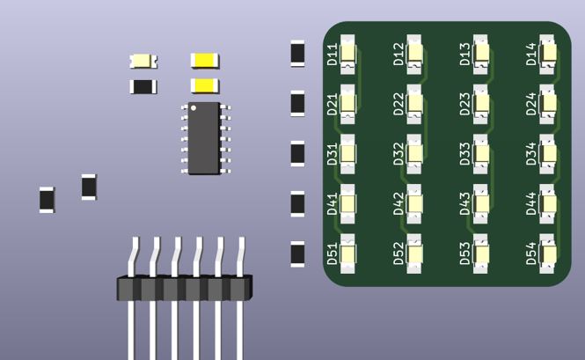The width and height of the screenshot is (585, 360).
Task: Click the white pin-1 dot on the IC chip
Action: tap(194, 108)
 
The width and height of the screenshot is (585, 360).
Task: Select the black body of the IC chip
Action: tap(204, 138)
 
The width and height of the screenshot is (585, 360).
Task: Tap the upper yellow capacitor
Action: tap(205, 60)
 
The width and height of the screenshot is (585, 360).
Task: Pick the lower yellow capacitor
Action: tap(205, 85)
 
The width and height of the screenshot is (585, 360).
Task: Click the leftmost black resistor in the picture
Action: tap(47, 199)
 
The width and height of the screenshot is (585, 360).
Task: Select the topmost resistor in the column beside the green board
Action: tap(297, 53)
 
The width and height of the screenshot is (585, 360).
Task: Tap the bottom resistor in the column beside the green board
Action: tap(297, 253)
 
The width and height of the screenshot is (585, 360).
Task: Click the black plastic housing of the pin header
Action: tap(183, 287)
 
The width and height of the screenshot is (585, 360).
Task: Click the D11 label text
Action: tap(333, 55)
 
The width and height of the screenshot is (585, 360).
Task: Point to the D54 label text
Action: tap(531, 254)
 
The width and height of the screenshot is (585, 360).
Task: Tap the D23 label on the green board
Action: tap(465, 105)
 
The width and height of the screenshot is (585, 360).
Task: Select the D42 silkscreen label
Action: tap(399, 204)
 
